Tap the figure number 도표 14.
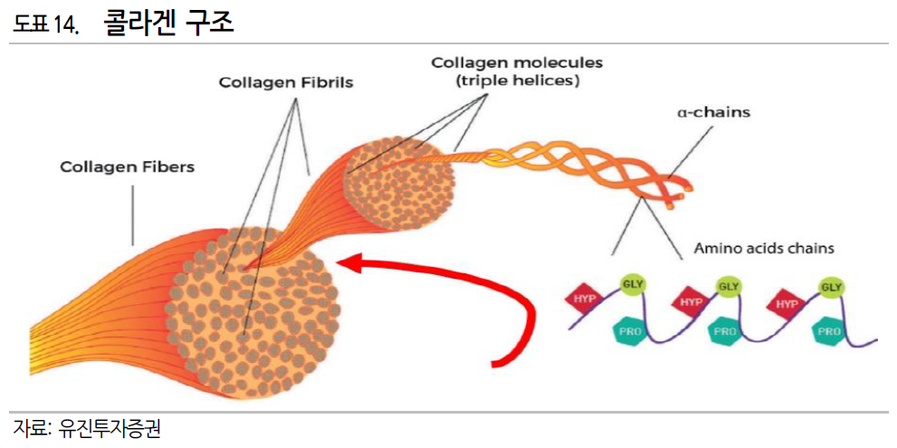[46, 24]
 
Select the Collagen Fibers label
[128, 167]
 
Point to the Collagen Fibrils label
[286, 82]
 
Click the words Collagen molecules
[517, 63]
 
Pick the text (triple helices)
[517, 81]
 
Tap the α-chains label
[714, 114]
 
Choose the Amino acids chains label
[764, 247]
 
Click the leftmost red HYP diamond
[584, 299]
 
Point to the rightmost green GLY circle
[831, 288]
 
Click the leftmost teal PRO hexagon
[630, 331]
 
